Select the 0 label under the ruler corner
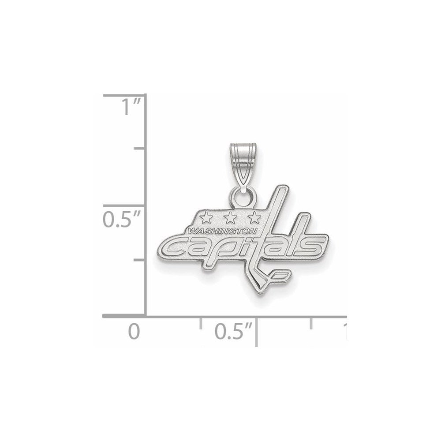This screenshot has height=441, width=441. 134,332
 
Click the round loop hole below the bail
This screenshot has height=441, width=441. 242,198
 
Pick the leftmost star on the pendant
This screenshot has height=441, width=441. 205,217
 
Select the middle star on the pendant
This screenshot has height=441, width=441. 229,217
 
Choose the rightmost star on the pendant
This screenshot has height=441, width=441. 253,217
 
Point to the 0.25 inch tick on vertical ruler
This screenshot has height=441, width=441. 139,260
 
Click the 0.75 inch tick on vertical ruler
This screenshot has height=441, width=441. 139,149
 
